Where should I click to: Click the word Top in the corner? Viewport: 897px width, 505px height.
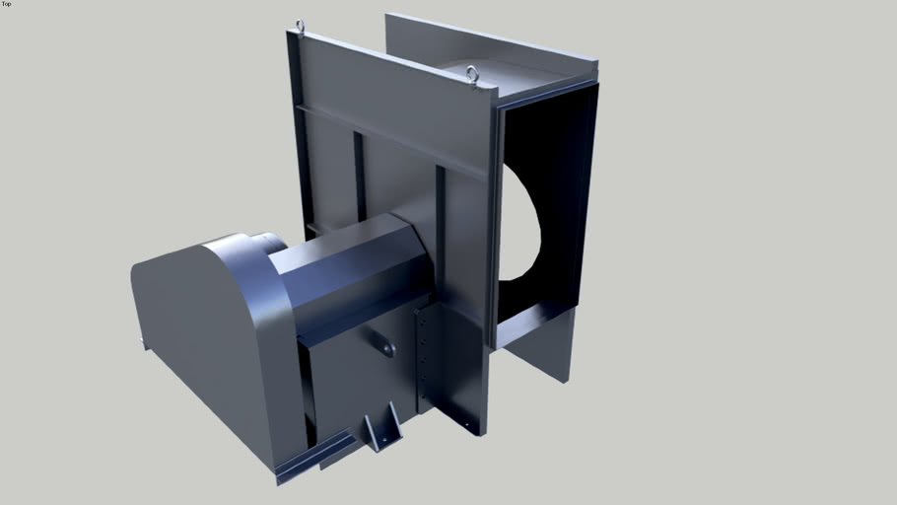click(6, 4)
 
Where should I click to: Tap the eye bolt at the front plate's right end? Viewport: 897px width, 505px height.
click(472, 73)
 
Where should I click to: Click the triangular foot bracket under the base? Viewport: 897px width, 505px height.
click(379, 432)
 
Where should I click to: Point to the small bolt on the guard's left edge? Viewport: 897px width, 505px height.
click(143, 344)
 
